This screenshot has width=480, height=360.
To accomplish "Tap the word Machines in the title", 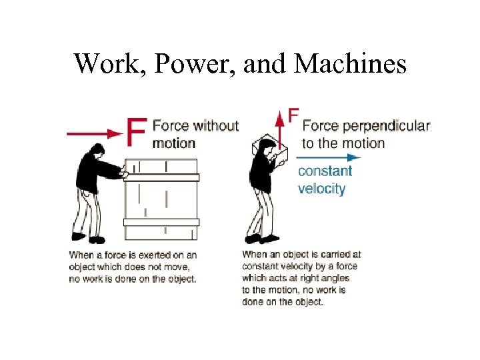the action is [349, 63].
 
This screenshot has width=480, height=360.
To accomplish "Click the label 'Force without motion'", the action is [195, 134].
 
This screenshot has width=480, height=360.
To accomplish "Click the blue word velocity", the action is [321, 189].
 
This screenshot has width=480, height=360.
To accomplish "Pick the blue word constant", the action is [325, 171].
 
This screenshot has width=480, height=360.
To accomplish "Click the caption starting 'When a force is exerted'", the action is [133, 267].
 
